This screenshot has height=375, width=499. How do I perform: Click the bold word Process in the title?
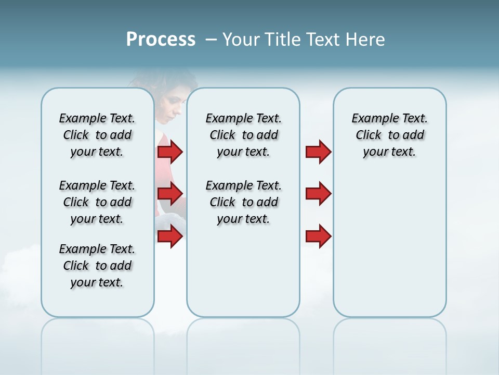click(x=161, y=40)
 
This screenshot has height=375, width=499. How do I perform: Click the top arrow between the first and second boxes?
click(x=170, y=152)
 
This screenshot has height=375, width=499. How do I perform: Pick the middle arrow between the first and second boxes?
click(x=170, y=194)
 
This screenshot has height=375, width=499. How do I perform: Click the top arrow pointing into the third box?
click(x=318, y=152)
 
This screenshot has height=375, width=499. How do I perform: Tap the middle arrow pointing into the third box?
click(x=318, y=194)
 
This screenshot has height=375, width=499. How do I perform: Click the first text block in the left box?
click(x=97, y=135)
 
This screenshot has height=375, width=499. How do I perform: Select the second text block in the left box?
click(x=97, y=202)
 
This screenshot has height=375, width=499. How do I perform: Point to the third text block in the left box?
click(x=97, y=266)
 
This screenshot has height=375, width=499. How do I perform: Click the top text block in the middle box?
click(x=243, y=135)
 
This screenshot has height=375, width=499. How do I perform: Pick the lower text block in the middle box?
click(x=243, y=202)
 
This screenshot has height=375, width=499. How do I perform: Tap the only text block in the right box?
click(x=389, y=135)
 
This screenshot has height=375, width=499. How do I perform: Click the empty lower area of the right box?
click(x=389, y=250)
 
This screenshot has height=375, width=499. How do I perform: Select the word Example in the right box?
click(x=371, y=119)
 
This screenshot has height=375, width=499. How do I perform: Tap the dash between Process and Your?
click(x=211, y=40)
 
